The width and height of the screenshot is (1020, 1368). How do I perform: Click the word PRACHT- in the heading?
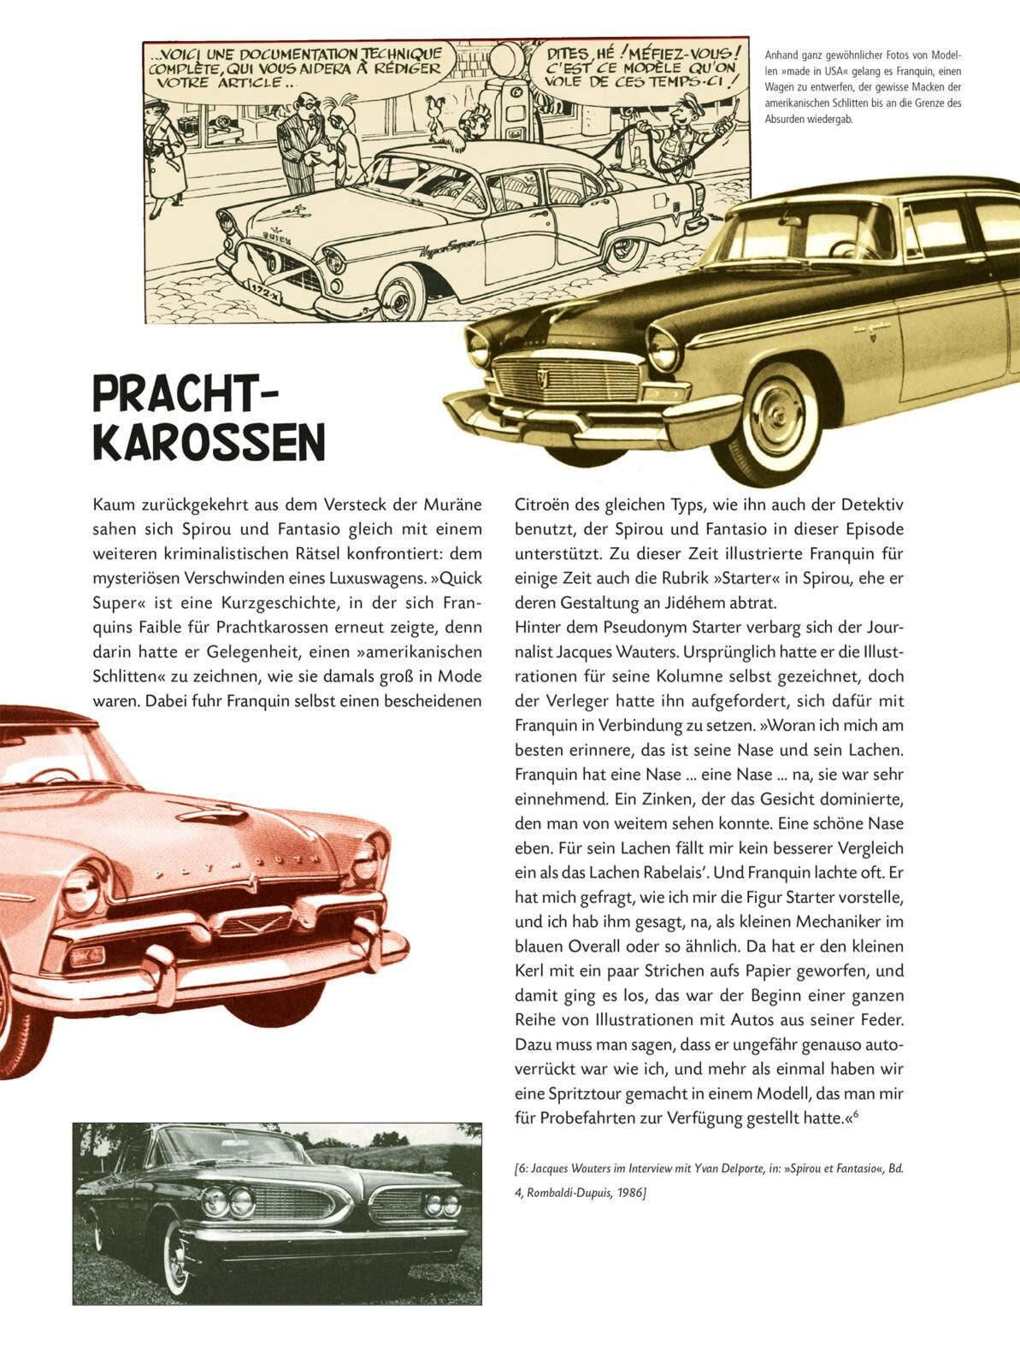186,396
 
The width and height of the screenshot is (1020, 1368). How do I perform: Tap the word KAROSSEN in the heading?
209,441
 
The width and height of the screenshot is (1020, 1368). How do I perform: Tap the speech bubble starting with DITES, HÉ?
643,67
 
